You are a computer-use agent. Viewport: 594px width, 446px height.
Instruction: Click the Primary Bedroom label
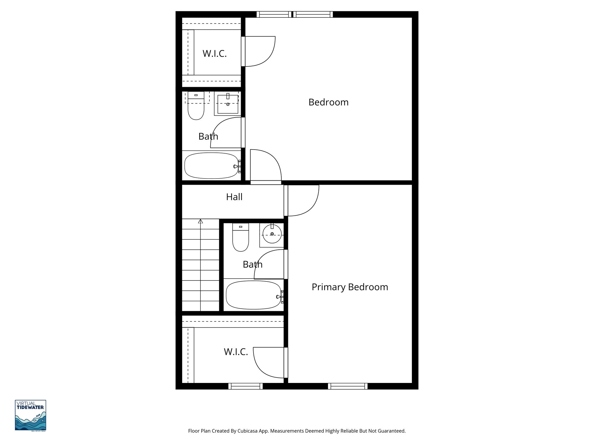coord(350,287)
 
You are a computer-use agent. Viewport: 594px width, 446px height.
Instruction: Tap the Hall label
coord(234,197)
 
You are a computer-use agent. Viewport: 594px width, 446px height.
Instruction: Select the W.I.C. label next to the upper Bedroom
coord(214,53)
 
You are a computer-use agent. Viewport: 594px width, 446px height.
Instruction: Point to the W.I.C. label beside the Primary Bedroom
coord(236,352)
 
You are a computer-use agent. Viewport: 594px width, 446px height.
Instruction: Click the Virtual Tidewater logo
coord(30,415)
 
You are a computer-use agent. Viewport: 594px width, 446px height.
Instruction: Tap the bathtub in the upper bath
coord(211,166)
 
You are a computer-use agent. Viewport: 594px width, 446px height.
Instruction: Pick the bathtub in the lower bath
coord(253,295)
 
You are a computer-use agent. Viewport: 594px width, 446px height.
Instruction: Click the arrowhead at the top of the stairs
coord(200,221)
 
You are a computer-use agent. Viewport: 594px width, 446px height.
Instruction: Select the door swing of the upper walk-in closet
coord(259,51)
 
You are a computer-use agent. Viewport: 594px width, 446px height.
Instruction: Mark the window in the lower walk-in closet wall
coord(245,386)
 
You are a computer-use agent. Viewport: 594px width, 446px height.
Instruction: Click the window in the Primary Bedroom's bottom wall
coord(348,386)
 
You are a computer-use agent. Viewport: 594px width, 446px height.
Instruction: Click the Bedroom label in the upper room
coord(328,102)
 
